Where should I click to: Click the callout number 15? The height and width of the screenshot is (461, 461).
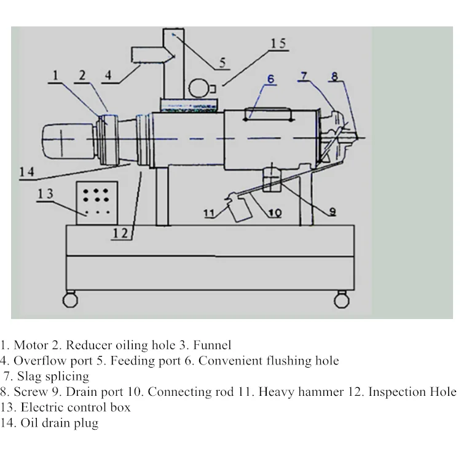pos(278,44)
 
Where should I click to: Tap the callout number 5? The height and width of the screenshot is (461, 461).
pos(223,63)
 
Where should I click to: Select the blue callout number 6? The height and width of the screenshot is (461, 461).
pos(270,79)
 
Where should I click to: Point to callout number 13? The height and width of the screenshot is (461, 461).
pos(45,194)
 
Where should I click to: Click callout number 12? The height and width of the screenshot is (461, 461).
pos(120,234)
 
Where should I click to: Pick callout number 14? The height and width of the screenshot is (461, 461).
pos(27,171)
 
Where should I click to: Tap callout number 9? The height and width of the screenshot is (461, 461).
pos(333,211)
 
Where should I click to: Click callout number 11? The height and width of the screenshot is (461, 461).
pos(209,213)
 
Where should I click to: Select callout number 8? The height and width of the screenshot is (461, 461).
pos(334,76)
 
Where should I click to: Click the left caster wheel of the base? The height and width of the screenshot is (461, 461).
pos(70,300)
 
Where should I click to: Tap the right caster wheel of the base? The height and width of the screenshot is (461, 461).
pos(342,300)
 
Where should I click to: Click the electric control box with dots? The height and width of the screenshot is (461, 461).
pos(97,203)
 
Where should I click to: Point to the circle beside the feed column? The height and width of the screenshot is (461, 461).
pos(198,88)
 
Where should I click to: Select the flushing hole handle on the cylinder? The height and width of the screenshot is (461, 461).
pos(267,114)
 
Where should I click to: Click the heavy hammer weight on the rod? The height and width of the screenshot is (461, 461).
pos(240,207)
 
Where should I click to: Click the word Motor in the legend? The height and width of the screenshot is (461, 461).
pos(31,345)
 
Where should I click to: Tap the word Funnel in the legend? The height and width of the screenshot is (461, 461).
pos(212,345)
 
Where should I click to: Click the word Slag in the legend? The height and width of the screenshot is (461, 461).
pos(29,377)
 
